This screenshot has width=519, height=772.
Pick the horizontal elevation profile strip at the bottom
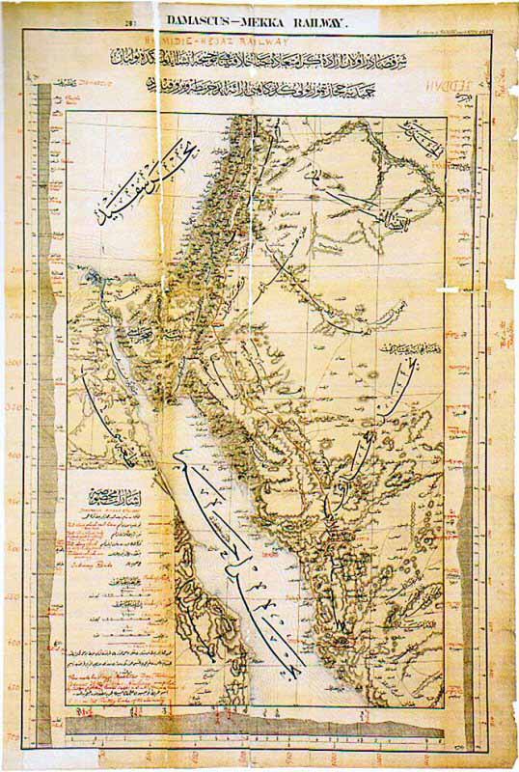point(260,731)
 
